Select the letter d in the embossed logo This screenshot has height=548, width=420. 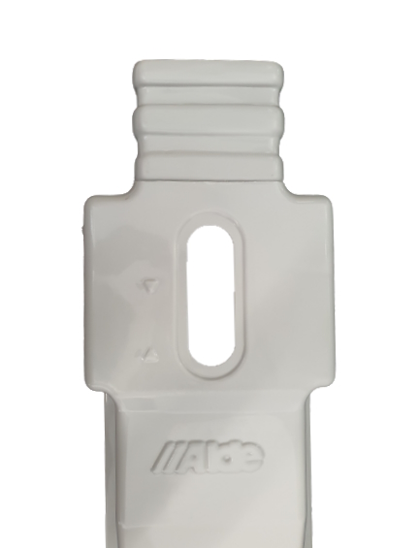coord(231,457)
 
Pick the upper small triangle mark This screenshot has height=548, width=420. coord(149,286)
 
